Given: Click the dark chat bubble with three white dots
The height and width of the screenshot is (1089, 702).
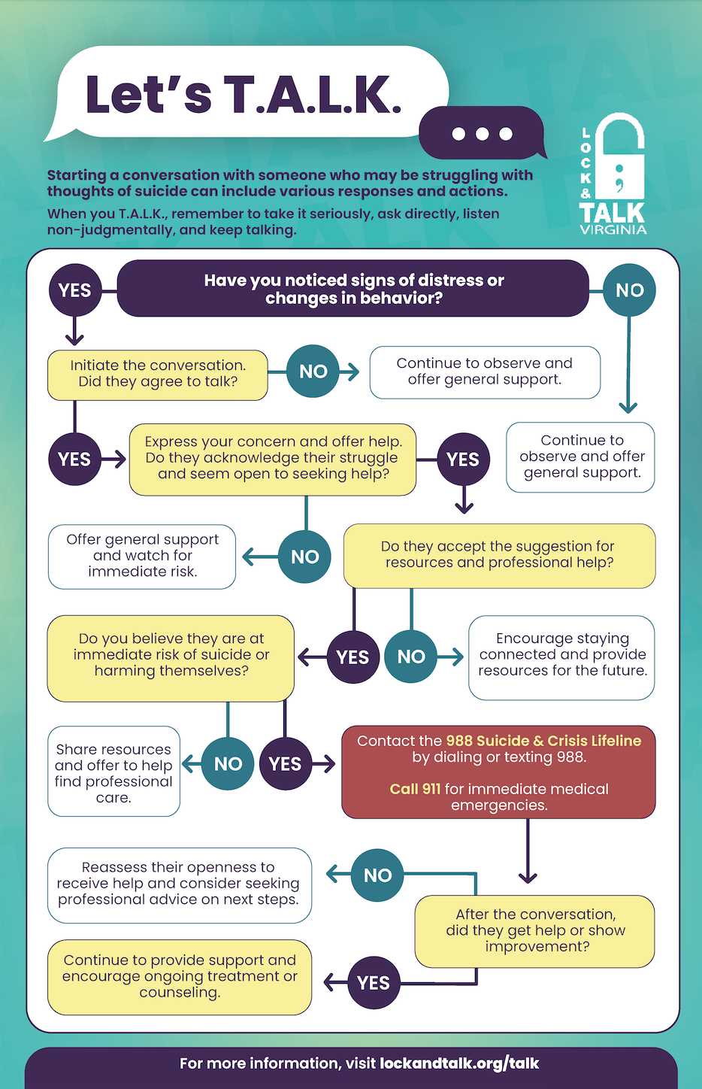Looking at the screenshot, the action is [x=482, y=134].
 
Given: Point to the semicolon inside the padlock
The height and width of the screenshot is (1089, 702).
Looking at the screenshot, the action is [x=619, y=177].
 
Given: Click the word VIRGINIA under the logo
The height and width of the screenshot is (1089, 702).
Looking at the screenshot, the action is [x=613, y=230].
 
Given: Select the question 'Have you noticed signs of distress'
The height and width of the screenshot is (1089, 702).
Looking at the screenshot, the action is [x=353, y=289].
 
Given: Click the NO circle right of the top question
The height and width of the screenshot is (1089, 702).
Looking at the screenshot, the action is [x=629, y=290].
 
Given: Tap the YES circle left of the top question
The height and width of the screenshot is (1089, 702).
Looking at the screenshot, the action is [x=74, y=290].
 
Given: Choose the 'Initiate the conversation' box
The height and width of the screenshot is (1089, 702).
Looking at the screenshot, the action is [x=158, y=374].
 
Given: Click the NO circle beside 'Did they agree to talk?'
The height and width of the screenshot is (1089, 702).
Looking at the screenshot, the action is [x=313, y=372].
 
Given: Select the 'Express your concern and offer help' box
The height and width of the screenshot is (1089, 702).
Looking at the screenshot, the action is [x=273, y=458].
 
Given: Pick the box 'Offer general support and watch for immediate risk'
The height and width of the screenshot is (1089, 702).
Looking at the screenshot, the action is [x=142, y=556].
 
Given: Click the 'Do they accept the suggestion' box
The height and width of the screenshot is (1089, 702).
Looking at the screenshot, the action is [x=498, y=555].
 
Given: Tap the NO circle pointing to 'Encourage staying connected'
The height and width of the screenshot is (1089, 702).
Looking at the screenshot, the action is [x=411, y=657].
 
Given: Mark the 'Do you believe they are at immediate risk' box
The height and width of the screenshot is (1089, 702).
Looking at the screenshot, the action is [x=171, y=656].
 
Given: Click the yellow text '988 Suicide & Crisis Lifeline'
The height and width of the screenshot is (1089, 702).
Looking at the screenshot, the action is [x=543, y=741].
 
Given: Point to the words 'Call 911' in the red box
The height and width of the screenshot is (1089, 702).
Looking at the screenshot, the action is [x=415, y=789].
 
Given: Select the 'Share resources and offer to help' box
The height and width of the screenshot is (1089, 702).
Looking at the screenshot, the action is [x=113, y=772].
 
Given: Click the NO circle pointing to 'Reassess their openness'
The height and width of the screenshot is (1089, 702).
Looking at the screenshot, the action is [x=377, y=875].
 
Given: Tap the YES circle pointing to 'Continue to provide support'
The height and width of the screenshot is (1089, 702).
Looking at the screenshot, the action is [x=374, y=983].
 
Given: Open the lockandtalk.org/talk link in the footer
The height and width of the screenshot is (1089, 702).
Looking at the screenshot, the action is [x=459, y=1063].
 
